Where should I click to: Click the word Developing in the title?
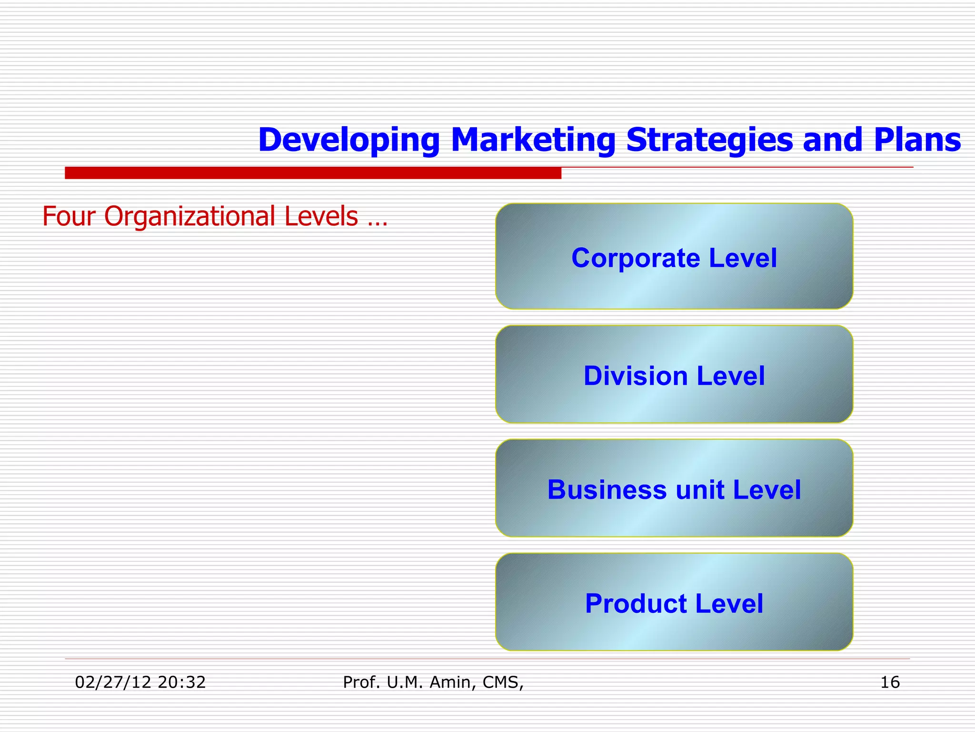pyautogui.click(x=348, y=140)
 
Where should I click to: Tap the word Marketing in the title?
pyautogui.click(x=533, y=140)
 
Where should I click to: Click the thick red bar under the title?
pyautogui.click(x=313, y=173)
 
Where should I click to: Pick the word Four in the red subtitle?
pyautogui.click(x=69, y=216)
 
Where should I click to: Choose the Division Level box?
pyautogui.click(x=674, y=400)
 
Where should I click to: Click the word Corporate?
pyautogui.click(x=636, y=258)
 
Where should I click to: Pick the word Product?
pyautogui.click(x=636, y=604)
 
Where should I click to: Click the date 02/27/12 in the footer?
pyautogui.click(x=112, y=682)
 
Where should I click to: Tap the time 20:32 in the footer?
pyautogui.click(x=182, y=682)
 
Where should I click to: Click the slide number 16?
pyautogui.click(x=890, y=682)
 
